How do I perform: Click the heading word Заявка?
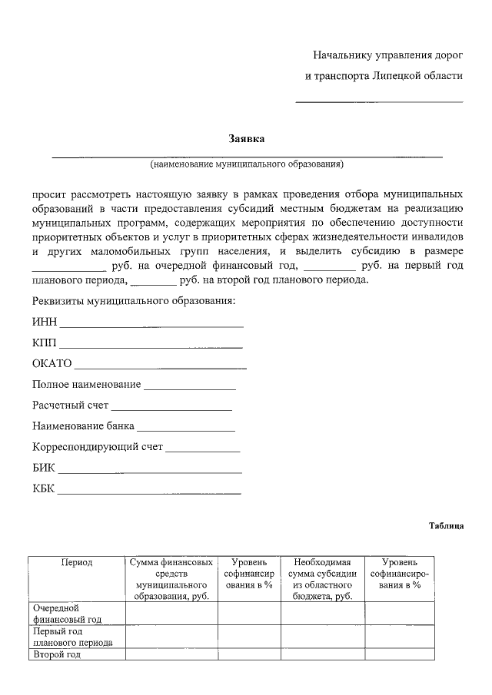point(247,139)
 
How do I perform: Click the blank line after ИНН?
point(151,326)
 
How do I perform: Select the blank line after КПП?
point(151,347)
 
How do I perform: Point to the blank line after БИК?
point(150,472)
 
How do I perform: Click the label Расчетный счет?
point(71,405)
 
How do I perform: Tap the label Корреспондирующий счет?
point(98,446)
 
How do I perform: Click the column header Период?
point(77,563)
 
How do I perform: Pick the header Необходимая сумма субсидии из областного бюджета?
point(322,579)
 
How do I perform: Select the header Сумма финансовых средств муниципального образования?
point(171,579)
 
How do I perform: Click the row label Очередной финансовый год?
point(68,614)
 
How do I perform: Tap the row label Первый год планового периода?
point(73,637)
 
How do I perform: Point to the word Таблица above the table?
point(446,526)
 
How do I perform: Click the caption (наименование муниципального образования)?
point(247,164)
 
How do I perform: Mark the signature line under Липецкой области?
point(380,101)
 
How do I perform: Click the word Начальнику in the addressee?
point(341,55)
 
